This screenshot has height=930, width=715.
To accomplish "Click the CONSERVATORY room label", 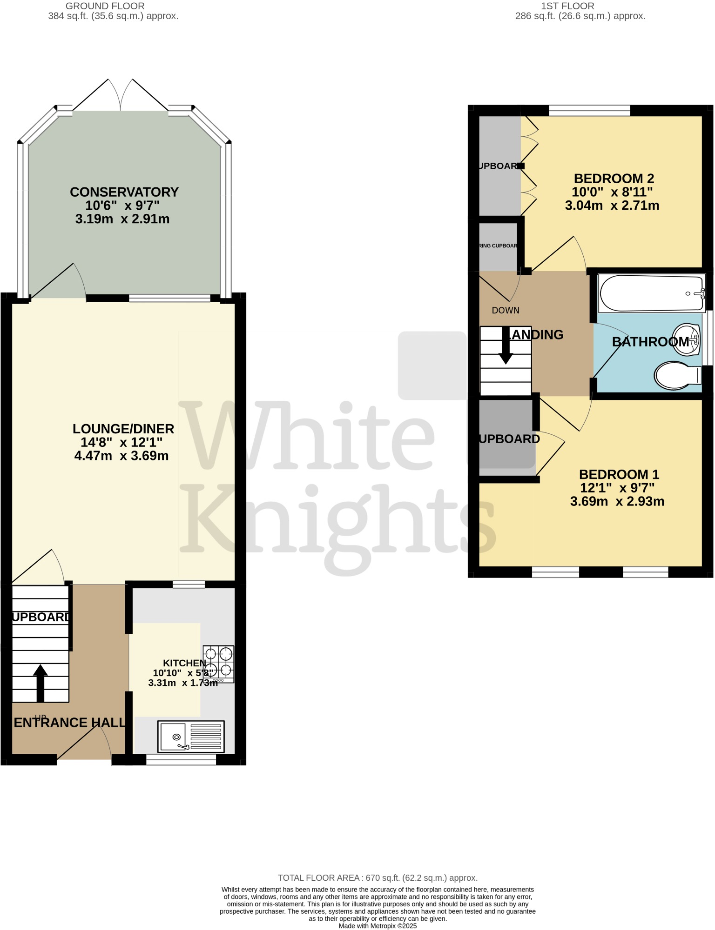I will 124,192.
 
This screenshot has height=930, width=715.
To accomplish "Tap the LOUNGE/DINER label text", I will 123,429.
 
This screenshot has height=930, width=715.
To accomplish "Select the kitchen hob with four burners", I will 218,664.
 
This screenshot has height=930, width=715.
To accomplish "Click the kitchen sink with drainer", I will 191,737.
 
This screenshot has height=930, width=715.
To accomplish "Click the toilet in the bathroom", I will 677,375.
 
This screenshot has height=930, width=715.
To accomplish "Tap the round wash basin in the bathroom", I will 687,339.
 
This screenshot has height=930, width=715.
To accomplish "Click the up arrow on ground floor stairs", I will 40,682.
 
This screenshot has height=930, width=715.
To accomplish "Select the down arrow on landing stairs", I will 506,345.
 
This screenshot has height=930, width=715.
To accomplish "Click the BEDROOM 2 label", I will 614,179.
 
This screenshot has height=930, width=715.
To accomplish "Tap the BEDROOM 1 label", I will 619,474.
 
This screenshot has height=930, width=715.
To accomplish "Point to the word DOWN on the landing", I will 506,310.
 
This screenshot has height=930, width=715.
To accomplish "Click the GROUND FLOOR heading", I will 105,6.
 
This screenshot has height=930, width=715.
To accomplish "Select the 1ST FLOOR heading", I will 567,6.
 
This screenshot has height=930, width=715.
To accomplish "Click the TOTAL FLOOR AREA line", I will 378,878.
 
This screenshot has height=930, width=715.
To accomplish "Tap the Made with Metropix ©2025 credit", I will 378,926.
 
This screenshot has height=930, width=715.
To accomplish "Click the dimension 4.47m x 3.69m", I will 121,456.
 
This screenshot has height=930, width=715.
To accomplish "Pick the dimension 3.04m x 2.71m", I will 612,206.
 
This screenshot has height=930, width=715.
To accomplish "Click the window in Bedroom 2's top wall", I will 589,111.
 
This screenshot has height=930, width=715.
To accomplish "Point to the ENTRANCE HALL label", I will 70,723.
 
